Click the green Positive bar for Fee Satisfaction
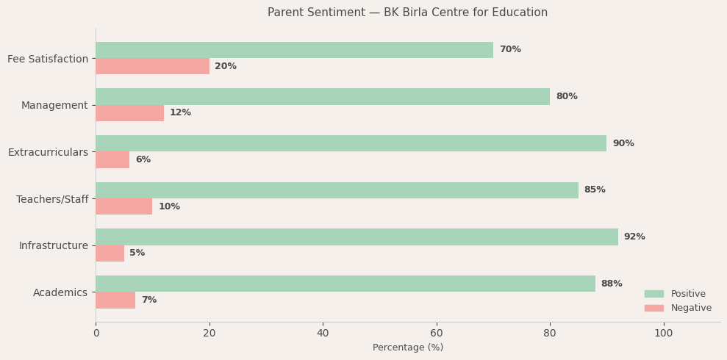[294, 50]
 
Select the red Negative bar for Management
[129, 113]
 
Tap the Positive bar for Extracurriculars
[351, 143]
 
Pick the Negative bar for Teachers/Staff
[123, 206]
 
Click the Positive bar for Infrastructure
[357, 237]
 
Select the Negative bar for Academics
[115, 300]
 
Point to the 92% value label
[634, 237]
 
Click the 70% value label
[510, 50]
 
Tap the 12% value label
[180, 113]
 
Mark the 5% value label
[137, 253]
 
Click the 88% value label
[612, 284]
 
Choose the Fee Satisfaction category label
[48, 59]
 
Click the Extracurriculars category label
[48, 152]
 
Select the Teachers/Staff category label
[52, 199]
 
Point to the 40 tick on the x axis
[323, 334]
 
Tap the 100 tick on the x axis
[663, 334]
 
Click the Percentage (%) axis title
[408, 348]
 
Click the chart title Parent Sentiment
[407, 12]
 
